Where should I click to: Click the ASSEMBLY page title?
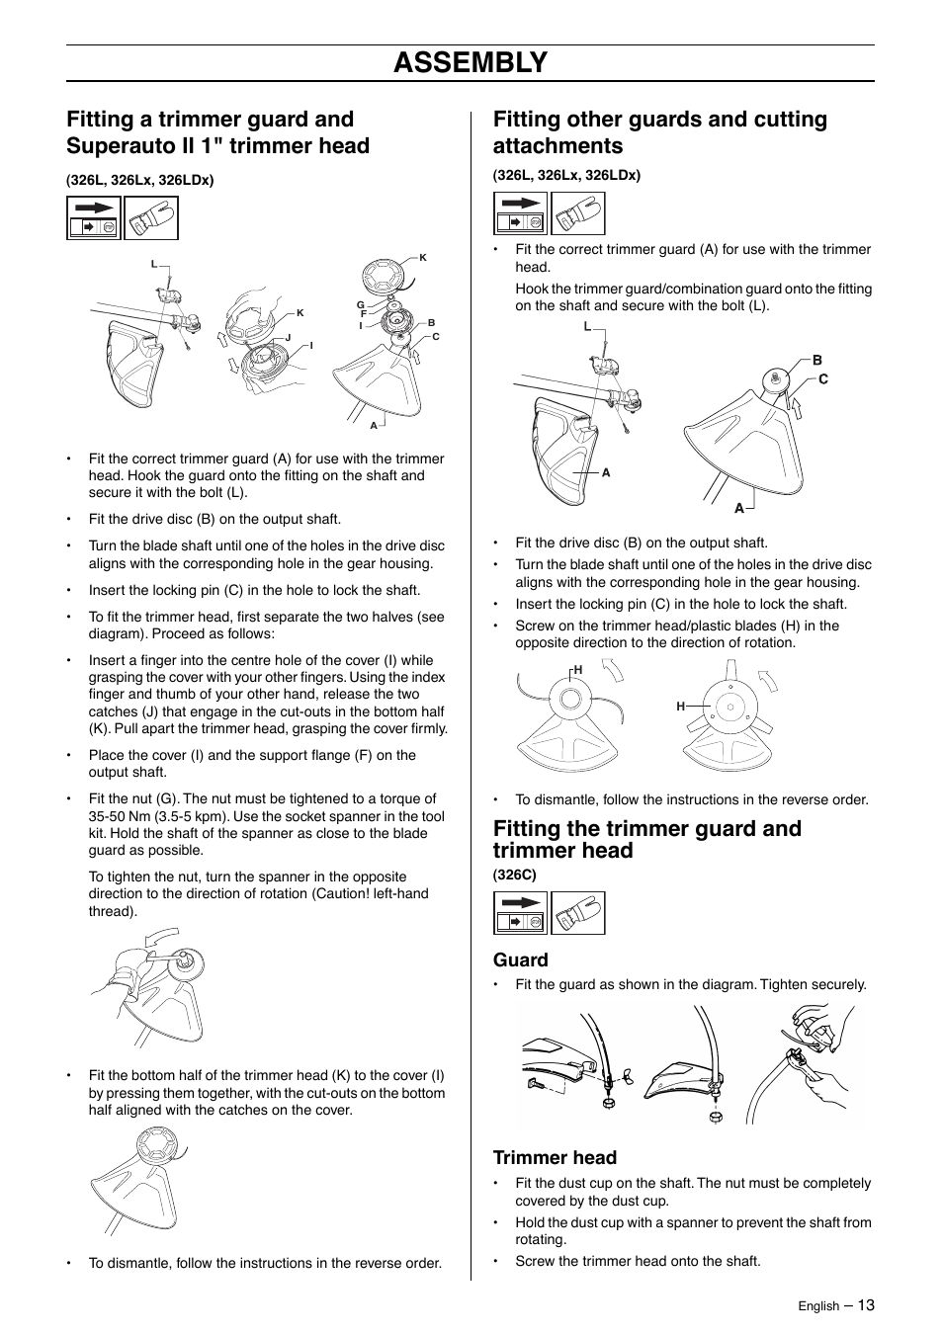coord(471,62)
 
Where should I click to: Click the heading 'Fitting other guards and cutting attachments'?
coord(660,132)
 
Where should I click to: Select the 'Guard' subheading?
coord(520,960)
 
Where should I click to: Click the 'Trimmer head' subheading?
coord(555,1157)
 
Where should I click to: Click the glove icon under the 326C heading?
coord(578,913)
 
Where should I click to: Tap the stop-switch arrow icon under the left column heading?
coord(94,217)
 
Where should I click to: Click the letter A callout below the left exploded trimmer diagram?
coord(374,425)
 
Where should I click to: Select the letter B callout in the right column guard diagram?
coord(817,361)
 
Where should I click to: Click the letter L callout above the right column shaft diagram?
coord(586,326)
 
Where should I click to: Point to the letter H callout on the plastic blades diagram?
coord(680,706)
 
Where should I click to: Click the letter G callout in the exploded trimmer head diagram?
coord(361,304)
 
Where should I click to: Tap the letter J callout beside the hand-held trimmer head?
coord(288,337)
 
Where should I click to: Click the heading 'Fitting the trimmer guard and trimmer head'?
coord(647,839)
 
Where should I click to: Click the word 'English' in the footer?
coord(818,1306)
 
